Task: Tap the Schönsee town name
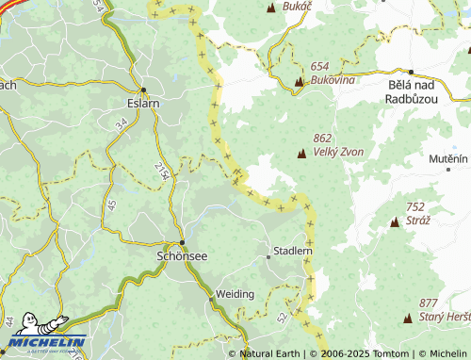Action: coord(181,255)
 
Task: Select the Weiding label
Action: coord(235,294)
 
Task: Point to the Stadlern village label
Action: coord(290,252)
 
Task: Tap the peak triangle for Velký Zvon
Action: coord(302,153)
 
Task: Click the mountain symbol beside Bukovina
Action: coord(300,81)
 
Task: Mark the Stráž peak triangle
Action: coord(395,222)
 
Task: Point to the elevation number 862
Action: coord(324,139)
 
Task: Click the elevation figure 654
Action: coord(319,67)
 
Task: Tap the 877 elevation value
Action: coord(430,303)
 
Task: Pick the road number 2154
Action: coord(160,171)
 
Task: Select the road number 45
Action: coord(110,205)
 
